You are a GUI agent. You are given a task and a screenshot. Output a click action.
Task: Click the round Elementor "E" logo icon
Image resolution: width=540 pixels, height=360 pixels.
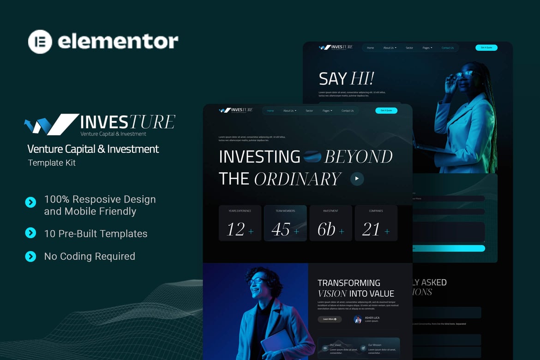pos(40,42)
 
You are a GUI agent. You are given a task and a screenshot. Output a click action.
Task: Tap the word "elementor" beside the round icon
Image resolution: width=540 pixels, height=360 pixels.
pos(118,42)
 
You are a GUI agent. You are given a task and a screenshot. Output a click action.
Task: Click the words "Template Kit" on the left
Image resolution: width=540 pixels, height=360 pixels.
pos(52,163)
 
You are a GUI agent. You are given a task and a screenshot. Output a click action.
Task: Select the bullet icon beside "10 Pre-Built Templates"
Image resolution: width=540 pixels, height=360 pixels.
pos(30,233)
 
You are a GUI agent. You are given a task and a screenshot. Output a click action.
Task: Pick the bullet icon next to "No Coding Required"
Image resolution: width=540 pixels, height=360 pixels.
pos(30,256)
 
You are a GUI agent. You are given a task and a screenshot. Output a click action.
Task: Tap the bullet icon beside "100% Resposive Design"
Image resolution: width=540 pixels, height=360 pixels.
pos(30,202)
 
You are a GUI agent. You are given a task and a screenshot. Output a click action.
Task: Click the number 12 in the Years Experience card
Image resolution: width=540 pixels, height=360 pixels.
pos(236,229)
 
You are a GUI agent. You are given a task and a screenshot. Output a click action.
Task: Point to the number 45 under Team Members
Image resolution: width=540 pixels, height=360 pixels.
pos(281,229)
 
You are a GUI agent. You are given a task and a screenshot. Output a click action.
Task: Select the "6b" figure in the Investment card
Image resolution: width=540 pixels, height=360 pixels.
pos(326,229)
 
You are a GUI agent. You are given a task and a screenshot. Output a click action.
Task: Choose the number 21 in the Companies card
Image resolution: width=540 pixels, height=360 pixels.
pos(371,229)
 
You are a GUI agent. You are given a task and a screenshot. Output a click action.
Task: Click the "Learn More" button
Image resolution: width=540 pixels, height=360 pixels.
pos(330,319)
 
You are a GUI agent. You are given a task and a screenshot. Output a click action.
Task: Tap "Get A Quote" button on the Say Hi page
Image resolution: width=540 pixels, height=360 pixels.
pos(486,48)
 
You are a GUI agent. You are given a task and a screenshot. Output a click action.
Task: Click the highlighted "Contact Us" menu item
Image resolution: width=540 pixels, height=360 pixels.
pos(447,48)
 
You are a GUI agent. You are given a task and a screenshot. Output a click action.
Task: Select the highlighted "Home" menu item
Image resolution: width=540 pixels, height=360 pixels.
pos(270,111)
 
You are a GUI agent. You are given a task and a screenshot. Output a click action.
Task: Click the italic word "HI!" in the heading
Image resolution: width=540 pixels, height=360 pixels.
pos(362,78)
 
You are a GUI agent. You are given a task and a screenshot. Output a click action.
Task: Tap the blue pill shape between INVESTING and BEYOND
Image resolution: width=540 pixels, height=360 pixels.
pos(312,157)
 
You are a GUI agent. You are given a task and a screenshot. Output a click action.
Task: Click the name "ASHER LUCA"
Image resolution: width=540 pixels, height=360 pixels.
pos(372,318)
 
